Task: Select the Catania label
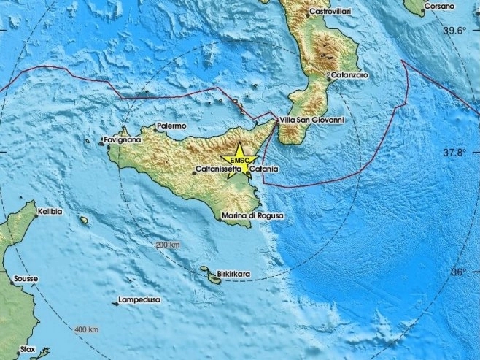263,169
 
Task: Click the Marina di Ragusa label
253,215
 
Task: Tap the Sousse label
25,279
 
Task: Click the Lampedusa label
141,300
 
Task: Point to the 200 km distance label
167,245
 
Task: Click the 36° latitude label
459,272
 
